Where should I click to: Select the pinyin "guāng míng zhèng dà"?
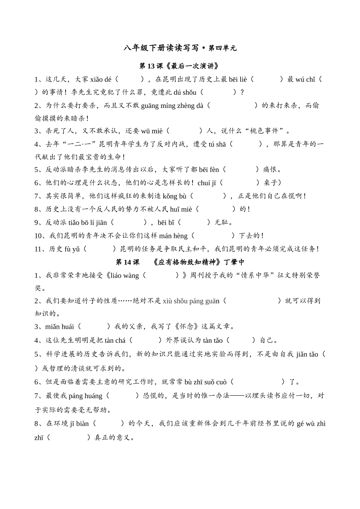(172, 106)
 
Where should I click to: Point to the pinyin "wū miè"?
(152, 131)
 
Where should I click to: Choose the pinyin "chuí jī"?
(207, 183)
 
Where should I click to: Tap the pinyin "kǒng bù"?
(175, 196)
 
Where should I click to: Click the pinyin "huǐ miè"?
(181, 209)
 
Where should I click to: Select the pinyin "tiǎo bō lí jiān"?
(88, 223)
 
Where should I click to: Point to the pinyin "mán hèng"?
(173, 236)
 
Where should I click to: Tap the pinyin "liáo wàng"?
(125, 276)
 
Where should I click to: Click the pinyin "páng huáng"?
(85, 396)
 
